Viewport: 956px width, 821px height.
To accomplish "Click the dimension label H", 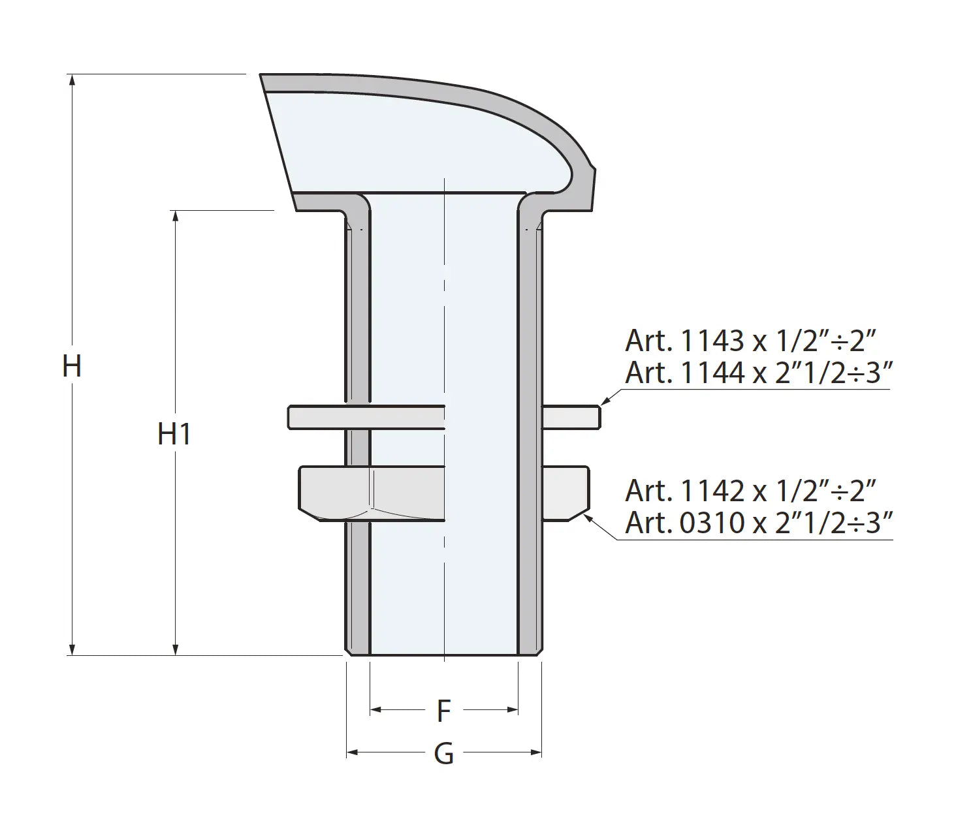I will click(71, 366).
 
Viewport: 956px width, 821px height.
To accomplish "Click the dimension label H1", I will click(174, 434).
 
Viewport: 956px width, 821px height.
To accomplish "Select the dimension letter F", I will click(443, 711).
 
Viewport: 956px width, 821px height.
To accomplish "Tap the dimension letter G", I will click(443, 754).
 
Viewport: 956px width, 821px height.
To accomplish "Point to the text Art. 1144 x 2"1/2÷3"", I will click(758, 373).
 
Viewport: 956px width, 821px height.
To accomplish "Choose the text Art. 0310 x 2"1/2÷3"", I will click(758, 523).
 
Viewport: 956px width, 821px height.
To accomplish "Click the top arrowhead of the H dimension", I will click(72, 80).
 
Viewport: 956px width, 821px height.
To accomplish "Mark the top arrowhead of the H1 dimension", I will click(175, 216).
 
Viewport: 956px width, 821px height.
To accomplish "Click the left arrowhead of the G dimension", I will click(352, 753).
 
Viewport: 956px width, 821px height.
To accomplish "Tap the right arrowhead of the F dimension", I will click(512, 709).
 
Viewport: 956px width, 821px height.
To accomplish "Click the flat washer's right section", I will click(571, 418).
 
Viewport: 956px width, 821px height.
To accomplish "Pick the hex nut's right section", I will click(566, 493).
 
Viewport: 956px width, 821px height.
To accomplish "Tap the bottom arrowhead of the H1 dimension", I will click(175, 649).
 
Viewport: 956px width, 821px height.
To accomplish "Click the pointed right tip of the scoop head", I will click(596, 168).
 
